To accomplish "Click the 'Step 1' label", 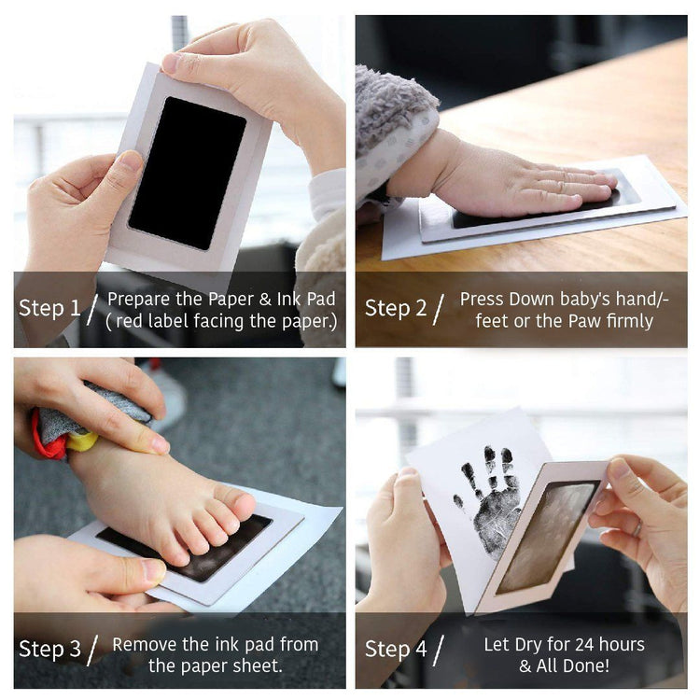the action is [49, 308].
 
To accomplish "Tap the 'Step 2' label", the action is [396, 308].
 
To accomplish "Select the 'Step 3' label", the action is [49, 649].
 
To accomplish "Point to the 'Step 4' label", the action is [396, 649].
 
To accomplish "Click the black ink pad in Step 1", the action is [188, 174].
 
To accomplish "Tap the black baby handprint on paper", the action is [489, 500].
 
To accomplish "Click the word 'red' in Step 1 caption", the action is [130, 321].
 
